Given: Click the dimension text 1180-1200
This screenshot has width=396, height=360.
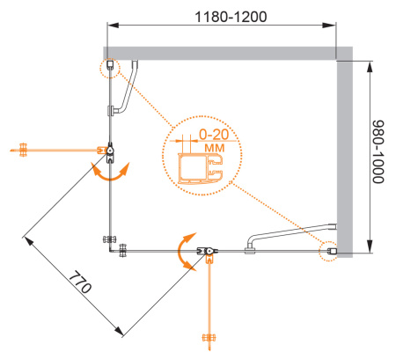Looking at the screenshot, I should pyautogui.click(x=224, y=17).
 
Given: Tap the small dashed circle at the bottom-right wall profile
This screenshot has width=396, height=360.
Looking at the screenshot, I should pyautogui.click(x=329, y=250).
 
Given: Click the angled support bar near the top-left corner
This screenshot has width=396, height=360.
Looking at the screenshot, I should pyautogui.click(x=127, y=89).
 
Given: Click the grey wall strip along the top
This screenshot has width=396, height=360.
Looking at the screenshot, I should pyautogui.click(x=220, y=52).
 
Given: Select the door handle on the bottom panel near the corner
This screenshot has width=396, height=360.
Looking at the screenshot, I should pyautogui.click(x=122, y=253).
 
